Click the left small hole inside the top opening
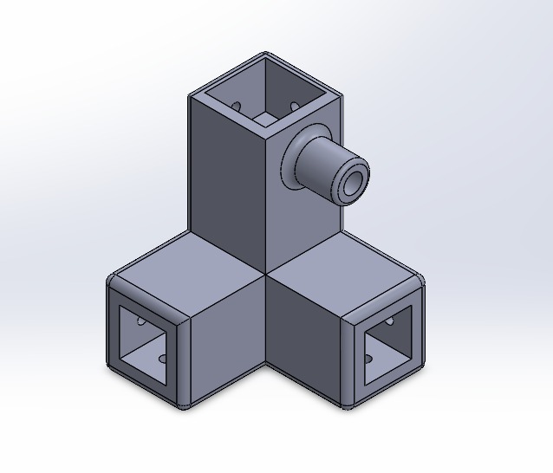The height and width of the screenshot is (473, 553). pos(237,107)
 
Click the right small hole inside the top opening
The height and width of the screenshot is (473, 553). pos(294,107)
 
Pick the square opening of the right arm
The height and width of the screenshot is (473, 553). pos(386,346)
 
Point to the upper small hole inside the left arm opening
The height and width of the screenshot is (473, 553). pos(142,321)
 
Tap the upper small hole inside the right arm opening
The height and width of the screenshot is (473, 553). pos(388,321)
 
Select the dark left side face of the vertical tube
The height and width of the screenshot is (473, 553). pos(225,182)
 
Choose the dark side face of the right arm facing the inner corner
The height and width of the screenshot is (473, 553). pos(303,338)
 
